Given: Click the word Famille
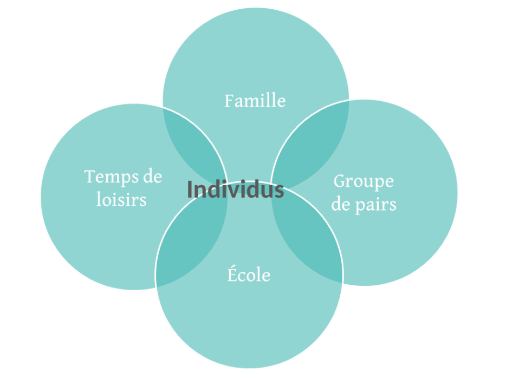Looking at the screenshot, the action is coord(255,101).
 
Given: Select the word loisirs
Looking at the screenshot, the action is coord(121,199).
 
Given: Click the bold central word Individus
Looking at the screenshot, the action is coord(236,190).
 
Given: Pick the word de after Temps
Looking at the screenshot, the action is coord(153,177).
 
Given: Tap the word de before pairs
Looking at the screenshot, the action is coord(341,204).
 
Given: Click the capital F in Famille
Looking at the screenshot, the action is coord(229,101).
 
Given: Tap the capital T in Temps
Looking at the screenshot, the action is coord(89,177).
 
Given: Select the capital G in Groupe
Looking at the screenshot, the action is coord(340,181).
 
